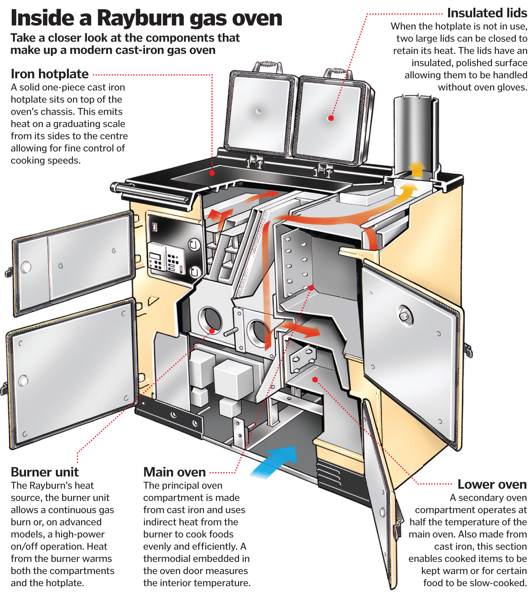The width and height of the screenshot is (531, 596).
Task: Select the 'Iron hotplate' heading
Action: coord(49,74)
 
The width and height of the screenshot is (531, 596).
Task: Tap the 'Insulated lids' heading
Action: coord(487,13)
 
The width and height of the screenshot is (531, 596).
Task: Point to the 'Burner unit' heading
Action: coord(45,472)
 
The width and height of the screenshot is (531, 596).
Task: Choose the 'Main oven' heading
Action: coord(175,472)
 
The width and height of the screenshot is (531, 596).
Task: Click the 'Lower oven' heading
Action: coord(492,484)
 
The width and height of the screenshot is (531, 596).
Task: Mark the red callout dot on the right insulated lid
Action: coord(331,118)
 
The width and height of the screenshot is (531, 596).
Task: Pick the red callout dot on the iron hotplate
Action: coord(212,173)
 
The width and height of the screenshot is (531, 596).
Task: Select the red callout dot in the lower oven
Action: coord(315,379)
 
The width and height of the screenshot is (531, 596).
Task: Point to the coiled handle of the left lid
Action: coord(268,64)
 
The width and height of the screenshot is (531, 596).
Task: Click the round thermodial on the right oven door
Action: coord(405,315)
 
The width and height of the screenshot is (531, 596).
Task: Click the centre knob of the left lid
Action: coord(259,112)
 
